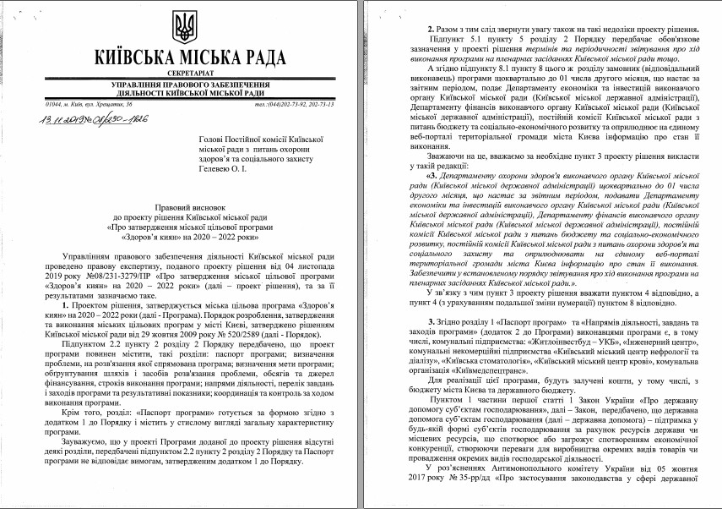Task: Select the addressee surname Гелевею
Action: coord(231,170)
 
